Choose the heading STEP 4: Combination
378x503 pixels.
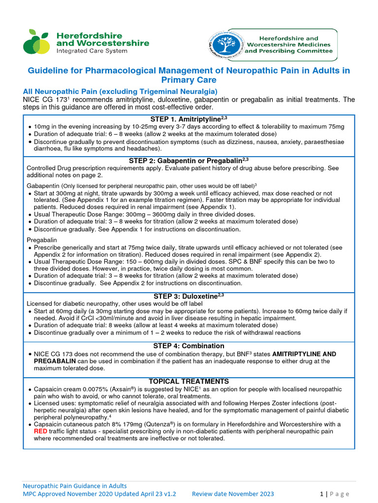coord(189,346)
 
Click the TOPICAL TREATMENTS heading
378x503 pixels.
coord(189,381)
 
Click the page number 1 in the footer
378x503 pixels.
coord(321,494)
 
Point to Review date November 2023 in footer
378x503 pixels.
coord(233,494)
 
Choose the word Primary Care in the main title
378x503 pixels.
coord(189,80)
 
